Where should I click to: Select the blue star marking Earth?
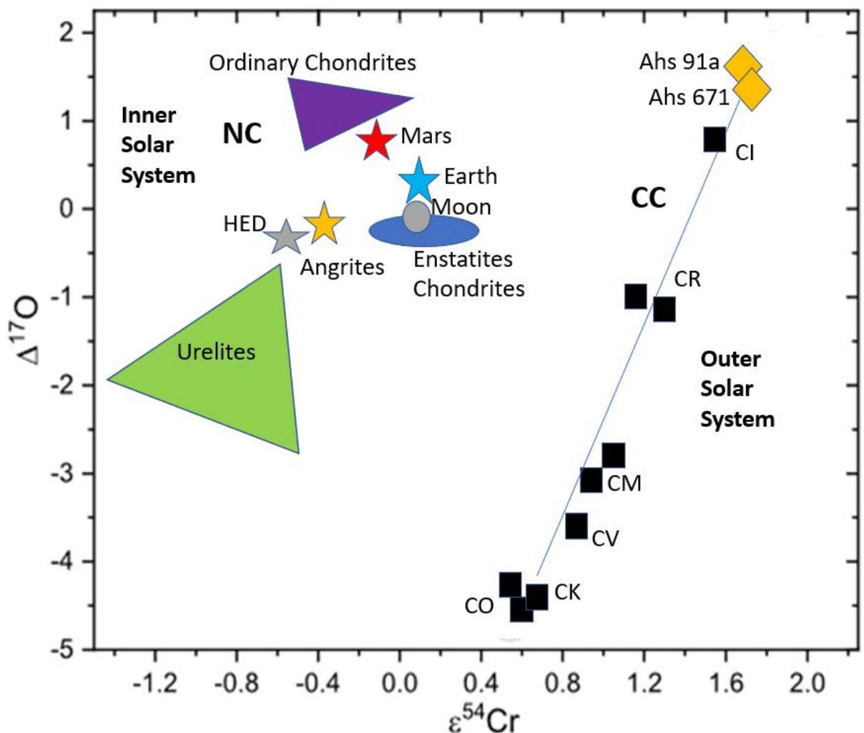coord(418,181)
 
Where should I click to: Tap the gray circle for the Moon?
coord(416,216)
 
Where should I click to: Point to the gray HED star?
coord(285,237)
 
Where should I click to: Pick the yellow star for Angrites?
coord(324,223)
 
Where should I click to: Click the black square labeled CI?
coord(715,140)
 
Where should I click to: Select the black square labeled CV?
coord(576,526)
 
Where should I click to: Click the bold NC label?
coord(242,133)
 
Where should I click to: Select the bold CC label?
coord(648,197)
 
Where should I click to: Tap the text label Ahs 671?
coord(688,97)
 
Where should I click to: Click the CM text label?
coord(624,483)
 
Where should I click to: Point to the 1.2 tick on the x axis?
coord(644,651)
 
